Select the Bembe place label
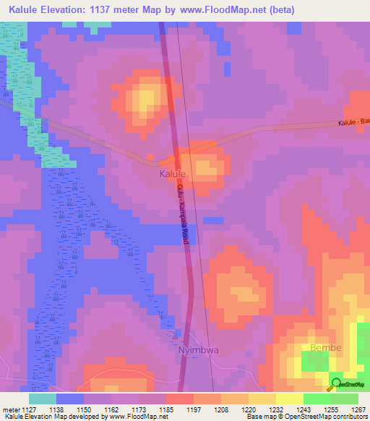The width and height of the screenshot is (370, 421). [324, 348]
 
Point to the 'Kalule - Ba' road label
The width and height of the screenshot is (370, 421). [353, 124]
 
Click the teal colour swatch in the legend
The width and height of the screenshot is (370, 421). [42, 398]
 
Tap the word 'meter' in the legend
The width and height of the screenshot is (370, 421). [11, 409]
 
